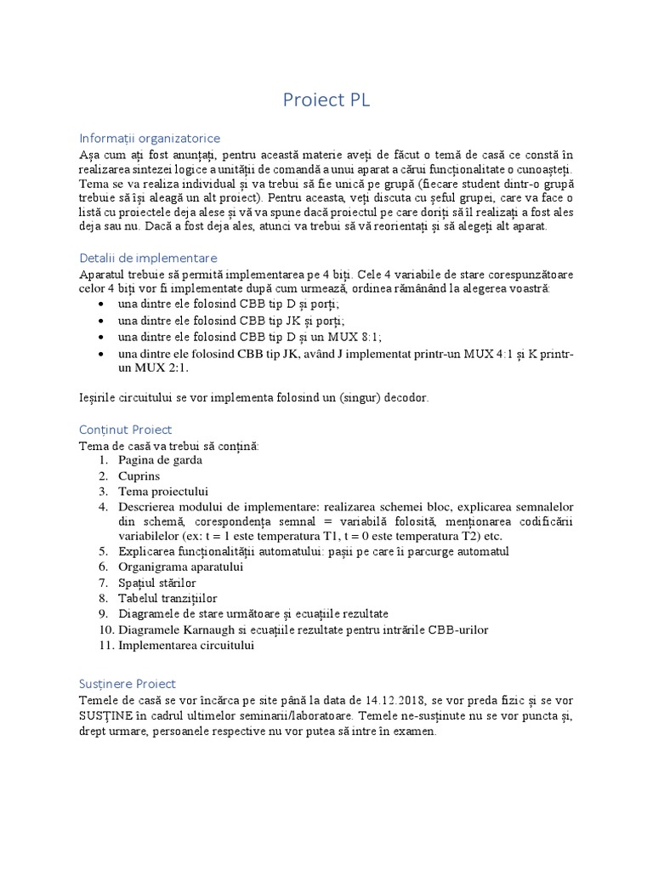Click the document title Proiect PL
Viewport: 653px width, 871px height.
pyautogui.click(x=326, y=100)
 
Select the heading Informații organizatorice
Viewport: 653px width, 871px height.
pyautogui.click(x=150, y=138)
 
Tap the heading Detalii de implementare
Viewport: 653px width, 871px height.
pyautogui.click(x=148, y=258)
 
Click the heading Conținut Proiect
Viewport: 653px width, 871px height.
pyautogui.click(x=125, y=430)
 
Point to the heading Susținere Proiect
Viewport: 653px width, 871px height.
pyautogui.click(x=128, y=683)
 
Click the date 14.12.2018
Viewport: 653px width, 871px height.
pyautogui.click(x=404, y=700)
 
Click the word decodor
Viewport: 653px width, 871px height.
pyautogui.click(x=399, y=397)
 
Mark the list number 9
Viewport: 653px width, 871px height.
pyautogui.click(x=102, y=614)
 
